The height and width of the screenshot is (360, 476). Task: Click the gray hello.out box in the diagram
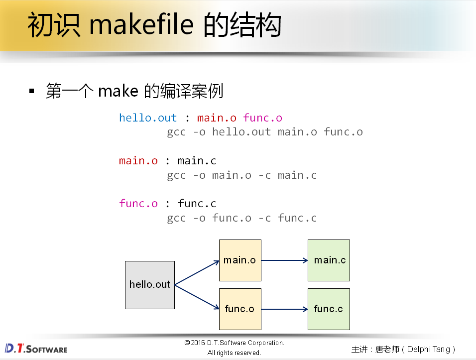tap(149, 285)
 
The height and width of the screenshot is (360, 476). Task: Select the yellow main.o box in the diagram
tap(240, 260)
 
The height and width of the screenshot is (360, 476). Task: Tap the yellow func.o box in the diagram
tap(240, 309)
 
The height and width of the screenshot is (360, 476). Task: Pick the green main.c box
tap(329, 260)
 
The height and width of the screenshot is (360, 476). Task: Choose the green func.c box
tap(329, 309)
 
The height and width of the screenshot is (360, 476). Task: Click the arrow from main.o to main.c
tap(284, 260)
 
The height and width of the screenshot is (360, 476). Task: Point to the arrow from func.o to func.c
tap(284, 309)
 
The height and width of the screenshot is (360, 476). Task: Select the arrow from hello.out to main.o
tap(197, 272)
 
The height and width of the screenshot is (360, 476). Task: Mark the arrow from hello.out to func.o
tap(197, 297)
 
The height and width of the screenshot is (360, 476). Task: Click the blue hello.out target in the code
tap(148, 118)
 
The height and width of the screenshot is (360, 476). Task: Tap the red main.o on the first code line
tap(217, 118)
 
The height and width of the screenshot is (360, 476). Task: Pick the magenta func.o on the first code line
tap(262, 118)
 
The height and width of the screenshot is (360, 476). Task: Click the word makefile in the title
tap(141, 26)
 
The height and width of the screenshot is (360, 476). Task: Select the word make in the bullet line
tap(118, 91)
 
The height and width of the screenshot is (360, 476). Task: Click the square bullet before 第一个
tap(32, 92)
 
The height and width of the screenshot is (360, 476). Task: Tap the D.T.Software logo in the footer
tap(36, 348)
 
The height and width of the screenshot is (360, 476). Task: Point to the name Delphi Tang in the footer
tap(428, 349)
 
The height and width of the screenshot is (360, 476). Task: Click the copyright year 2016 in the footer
tap(199, 343)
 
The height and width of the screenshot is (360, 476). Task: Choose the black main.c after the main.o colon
tap(197, 161)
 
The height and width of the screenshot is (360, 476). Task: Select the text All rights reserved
tap(234, 353)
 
